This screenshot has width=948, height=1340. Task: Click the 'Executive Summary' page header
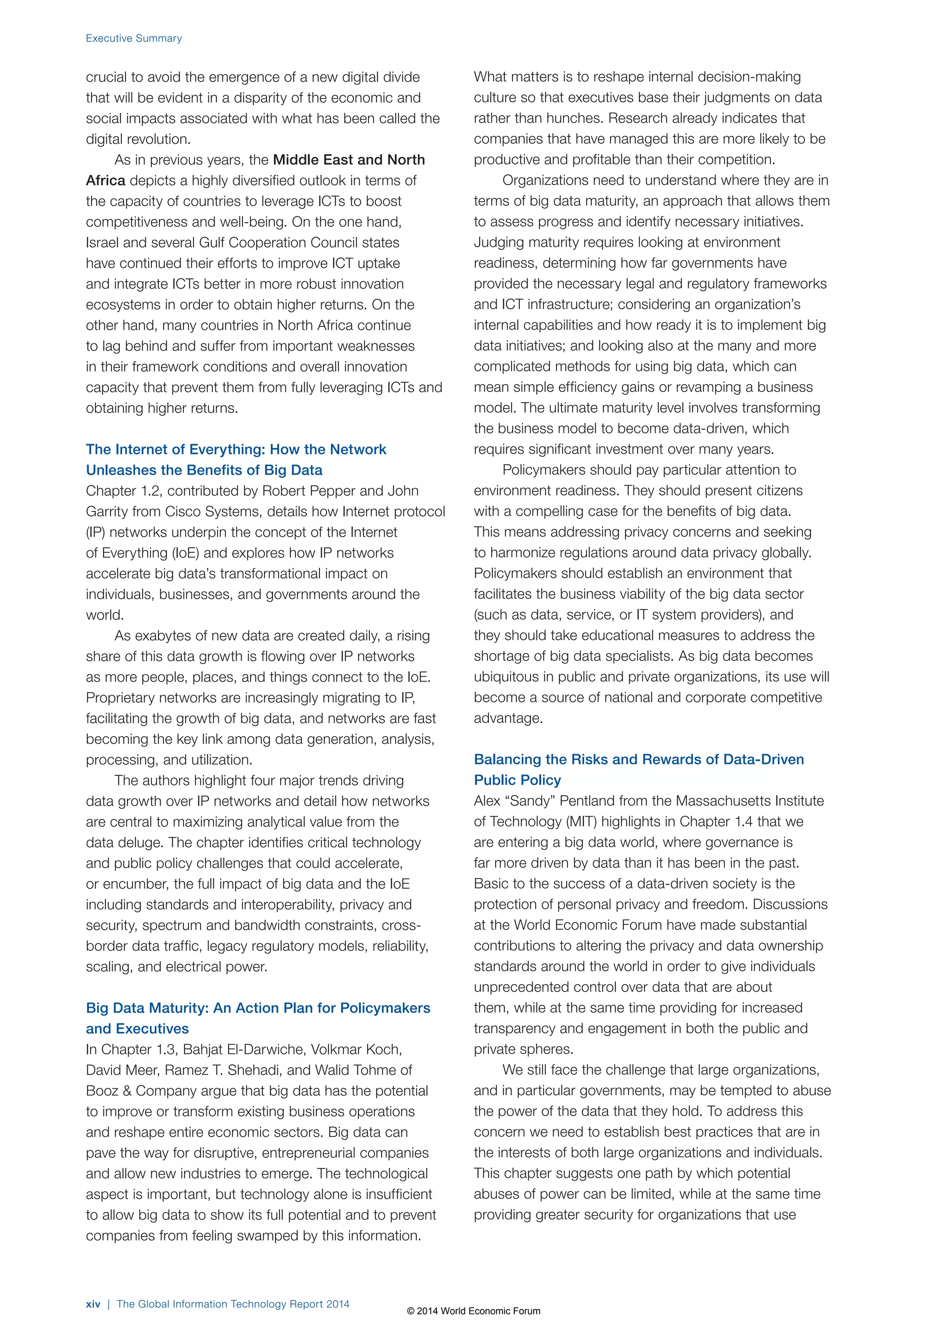134,38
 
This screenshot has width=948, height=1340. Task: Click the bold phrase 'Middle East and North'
349,160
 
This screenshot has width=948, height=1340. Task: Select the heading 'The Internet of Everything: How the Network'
236,449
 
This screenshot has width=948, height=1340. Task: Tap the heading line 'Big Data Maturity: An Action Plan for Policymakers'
258,1008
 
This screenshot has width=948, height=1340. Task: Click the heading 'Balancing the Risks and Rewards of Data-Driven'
639,759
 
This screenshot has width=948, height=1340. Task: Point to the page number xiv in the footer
93,1304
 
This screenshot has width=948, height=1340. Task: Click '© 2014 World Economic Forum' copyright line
474,1311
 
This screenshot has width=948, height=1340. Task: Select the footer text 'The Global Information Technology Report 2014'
233,1304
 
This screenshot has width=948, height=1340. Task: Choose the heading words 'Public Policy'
517,780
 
